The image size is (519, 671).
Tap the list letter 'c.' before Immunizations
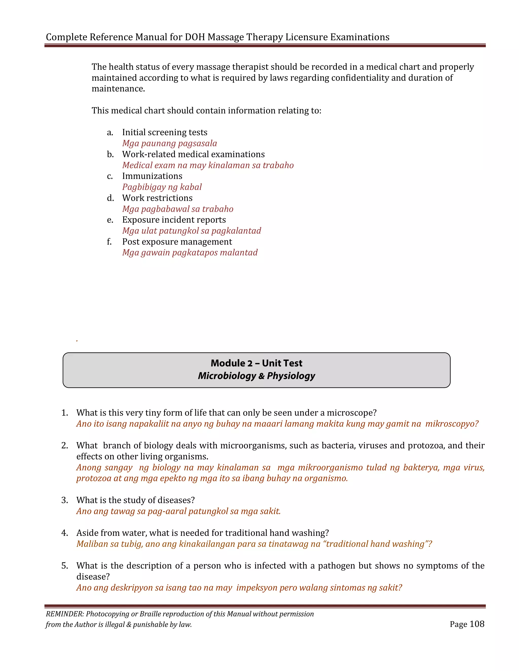110,176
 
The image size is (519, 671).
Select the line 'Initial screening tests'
164,132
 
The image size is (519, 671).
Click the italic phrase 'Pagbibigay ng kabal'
162,187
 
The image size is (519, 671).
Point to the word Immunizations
152,176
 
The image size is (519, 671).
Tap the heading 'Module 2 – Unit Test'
256,363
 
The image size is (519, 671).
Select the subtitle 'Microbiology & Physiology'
256,376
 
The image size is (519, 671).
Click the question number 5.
64,566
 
